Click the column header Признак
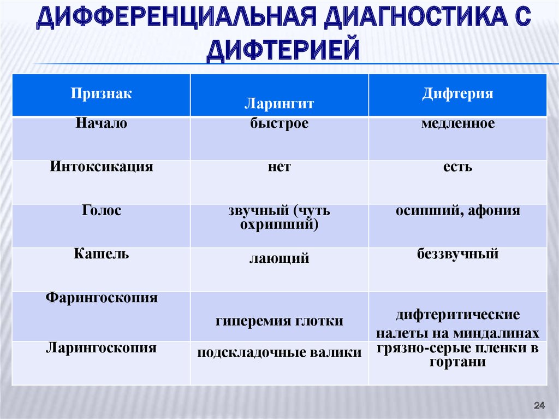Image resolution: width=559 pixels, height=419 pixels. pos(101,94)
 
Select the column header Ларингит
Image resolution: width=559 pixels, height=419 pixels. pos(279,104)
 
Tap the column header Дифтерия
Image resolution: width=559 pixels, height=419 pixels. pos(458,94)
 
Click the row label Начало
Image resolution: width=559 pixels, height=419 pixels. pos(101,123)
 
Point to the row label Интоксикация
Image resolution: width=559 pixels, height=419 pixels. pos(101,167)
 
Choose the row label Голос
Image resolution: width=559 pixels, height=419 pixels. pos(101,210)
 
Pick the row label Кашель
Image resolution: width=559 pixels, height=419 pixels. pos(101,254)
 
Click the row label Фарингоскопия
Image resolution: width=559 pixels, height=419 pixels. pos(101,298)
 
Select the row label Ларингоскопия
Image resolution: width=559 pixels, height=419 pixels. pos(101,348)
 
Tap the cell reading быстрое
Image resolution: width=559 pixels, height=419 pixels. pos(279,123)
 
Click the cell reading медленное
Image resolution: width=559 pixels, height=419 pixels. pos(458,123)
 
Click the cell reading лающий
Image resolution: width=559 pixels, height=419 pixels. pos(279,258)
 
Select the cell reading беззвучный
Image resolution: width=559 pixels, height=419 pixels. pos(458,254)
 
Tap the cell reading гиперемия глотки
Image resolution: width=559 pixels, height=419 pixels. pos(279,321)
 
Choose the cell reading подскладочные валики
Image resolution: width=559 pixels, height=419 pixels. pos(279,352)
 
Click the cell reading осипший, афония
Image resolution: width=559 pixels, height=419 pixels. pos(458,210)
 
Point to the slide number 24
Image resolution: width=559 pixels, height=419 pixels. pos(539,405)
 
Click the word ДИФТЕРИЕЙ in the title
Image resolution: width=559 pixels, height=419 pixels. pos(283,50)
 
